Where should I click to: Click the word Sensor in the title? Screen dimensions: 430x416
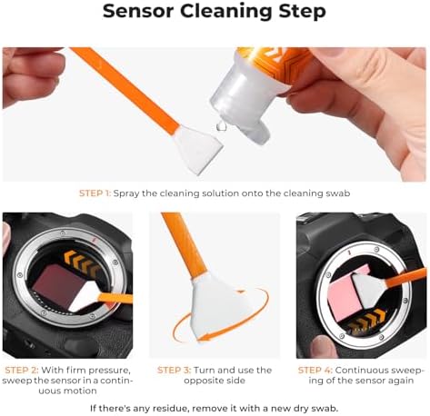139,11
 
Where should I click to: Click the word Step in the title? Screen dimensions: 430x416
303,12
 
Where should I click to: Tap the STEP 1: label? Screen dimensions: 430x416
95,193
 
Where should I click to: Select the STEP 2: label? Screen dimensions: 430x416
22,370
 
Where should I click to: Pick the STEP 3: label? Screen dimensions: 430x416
175,370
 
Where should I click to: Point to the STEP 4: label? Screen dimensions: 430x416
315,370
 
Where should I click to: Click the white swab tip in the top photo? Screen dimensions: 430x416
198,149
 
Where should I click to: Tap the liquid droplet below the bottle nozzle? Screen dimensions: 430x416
222,126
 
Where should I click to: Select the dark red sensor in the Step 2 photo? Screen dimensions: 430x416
57,286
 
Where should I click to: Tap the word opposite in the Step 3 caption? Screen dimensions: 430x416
203,381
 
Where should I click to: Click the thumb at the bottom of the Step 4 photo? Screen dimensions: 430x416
325,347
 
